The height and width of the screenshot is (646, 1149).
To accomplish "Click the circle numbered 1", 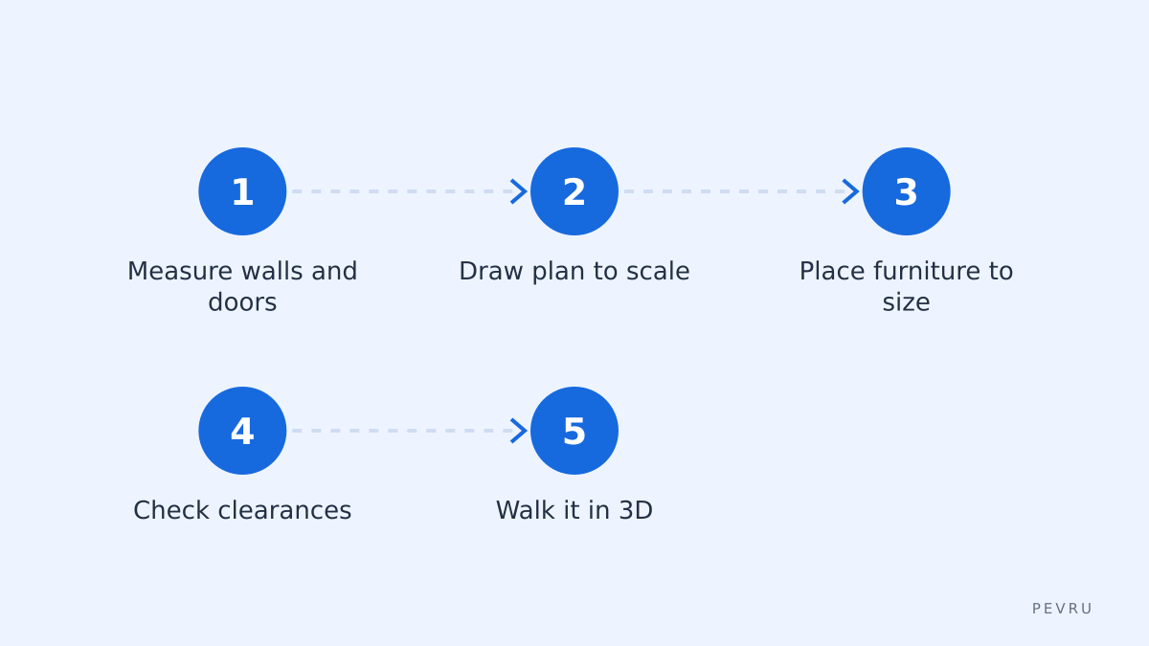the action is [242, 191].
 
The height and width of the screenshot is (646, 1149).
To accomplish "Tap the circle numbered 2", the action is [574, 191].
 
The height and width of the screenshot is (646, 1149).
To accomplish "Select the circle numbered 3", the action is [906, 191].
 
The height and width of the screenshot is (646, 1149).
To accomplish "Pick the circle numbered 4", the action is [242, 431].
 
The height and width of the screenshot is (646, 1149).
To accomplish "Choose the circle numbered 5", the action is [574, 431].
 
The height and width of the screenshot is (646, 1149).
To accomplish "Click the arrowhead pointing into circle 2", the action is [519, 191].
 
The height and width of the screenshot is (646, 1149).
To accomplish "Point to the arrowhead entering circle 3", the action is [851, 191].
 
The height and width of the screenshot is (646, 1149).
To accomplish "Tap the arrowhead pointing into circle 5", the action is [519, 431].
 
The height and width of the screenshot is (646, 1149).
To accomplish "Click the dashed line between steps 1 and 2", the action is [401, 191].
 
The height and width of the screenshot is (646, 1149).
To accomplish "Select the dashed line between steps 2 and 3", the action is [733, 191].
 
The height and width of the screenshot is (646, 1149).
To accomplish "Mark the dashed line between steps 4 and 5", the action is [401, 431].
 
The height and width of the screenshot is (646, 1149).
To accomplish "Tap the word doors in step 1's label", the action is [242, 302].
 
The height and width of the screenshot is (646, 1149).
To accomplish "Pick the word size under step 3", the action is [906, 302].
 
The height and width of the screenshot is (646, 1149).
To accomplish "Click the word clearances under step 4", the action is [284, 510].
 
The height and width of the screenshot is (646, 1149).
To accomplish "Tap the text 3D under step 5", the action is [636, 510].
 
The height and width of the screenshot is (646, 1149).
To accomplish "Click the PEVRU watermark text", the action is [1062, 609].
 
